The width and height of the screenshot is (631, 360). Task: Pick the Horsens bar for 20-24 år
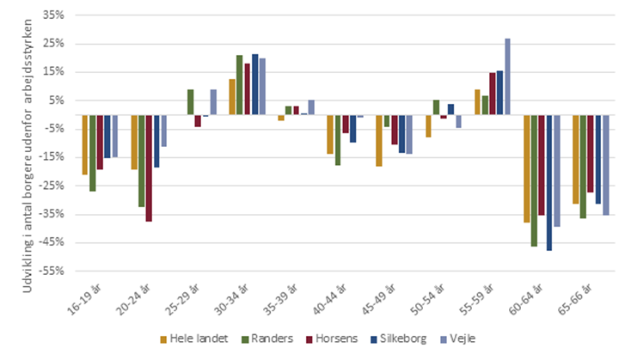[x=149, y=168]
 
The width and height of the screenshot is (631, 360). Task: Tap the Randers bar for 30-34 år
[x=240, y=85]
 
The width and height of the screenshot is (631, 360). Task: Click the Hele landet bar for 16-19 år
[x=85, y=144]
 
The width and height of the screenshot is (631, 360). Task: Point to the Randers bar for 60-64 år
[x=534, y=180]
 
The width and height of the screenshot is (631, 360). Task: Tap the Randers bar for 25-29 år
[x=191, y=101]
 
